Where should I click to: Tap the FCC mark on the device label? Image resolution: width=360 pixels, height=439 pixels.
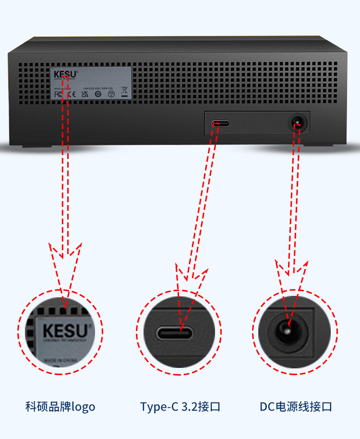59,95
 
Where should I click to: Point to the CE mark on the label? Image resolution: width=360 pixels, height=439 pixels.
69,95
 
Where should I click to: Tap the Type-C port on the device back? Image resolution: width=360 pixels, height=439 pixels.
220,123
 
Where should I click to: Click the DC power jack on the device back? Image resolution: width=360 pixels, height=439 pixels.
297,123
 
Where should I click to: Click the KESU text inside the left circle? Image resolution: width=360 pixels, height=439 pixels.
65,331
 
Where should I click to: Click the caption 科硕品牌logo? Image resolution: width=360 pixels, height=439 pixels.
60,407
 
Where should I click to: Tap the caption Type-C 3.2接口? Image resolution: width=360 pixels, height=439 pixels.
180,407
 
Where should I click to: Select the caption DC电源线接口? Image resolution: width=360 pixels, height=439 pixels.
296,407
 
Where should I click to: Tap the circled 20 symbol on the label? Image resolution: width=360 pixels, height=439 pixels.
98,95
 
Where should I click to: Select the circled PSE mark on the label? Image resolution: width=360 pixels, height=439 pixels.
110,95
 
